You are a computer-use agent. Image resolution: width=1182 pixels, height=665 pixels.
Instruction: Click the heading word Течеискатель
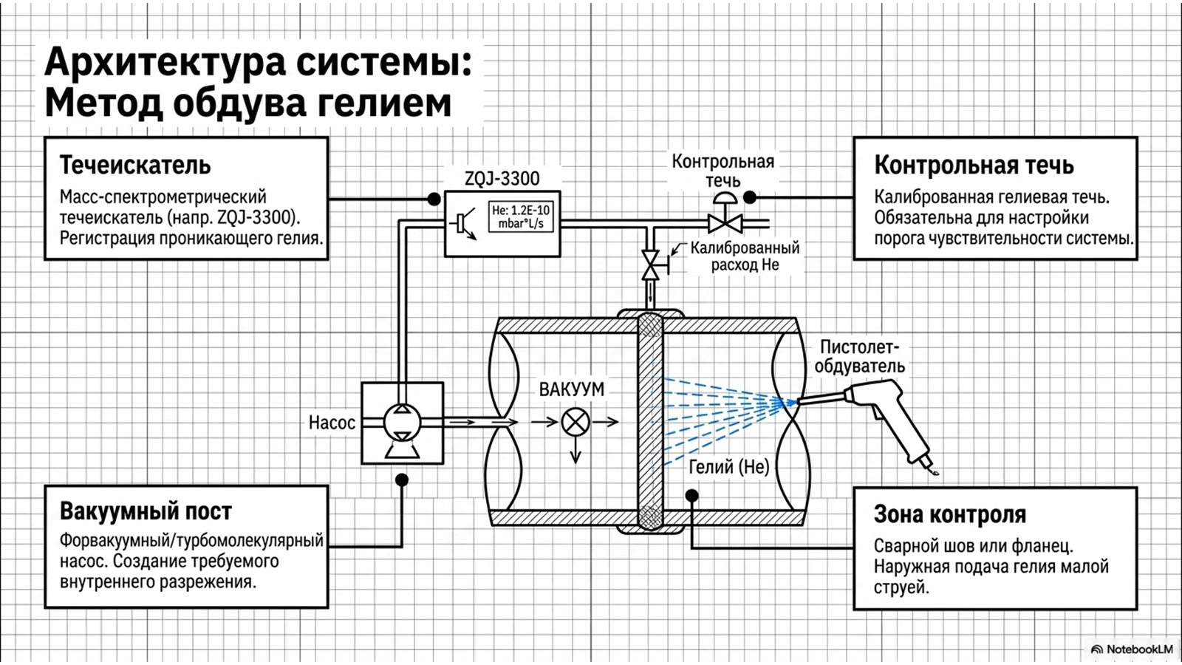click(135, 166)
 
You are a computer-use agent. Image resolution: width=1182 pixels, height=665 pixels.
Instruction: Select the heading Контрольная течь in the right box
click(974, 166)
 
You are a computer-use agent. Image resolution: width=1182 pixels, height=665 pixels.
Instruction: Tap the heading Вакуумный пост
click(146, 511)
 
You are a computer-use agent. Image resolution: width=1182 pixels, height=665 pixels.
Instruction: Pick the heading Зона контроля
click(950, 514)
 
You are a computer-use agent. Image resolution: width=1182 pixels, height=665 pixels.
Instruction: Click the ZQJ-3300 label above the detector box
click(502, 179)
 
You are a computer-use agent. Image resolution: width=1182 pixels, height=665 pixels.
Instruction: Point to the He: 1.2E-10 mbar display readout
click(521, 217)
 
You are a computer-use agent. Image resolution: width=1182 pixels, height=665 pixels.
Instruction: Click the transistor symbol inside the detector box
click(463, 224)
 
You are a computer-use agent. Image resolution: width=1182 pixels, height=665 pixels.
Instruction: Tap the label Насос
click(332, 422)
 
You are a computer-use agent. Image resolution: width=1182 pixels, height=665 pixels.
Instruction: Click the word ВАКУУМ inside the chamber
click(572, 389)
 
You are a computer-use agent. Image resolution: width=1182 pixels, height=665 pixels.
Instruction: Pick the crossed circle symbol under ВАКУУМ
click(575, 422)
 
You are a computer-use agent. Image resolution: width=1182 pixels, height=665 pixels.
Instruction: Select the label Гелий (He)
click(729, 466)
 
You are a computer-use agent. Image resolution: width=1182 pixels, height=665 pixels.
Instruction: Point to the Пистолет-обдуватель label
click(860, 356)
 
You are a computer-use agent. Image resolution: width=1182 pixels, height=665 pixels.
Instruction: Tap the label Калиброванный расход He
click(745, 256)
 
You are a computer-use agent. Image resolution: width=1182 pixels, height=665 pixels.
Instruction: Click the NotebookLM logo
click(1131, 649)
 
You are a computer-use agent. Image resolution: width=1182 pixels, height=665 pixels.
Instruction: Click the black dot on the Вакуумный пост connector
click(402, 480)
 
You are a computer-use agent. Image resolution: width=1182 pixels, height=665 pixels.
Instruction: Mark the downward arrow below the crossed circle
click(575, 450)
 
